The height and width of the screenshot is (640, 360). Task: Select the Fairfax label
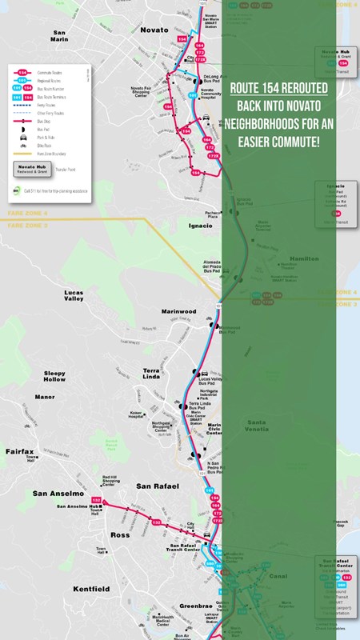point(21,452)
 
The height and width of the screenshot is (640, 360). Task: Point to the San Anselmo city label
point(57,494)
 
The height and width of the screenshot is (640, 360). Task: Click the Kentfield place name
point(92,589)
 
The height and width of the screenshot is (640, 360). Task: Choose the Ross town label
point(121,534)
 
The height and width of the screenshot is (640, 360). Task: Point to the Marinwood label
point(179,312)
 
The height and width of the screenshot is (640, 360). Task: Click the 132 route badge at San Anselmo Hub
point(109,499)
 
